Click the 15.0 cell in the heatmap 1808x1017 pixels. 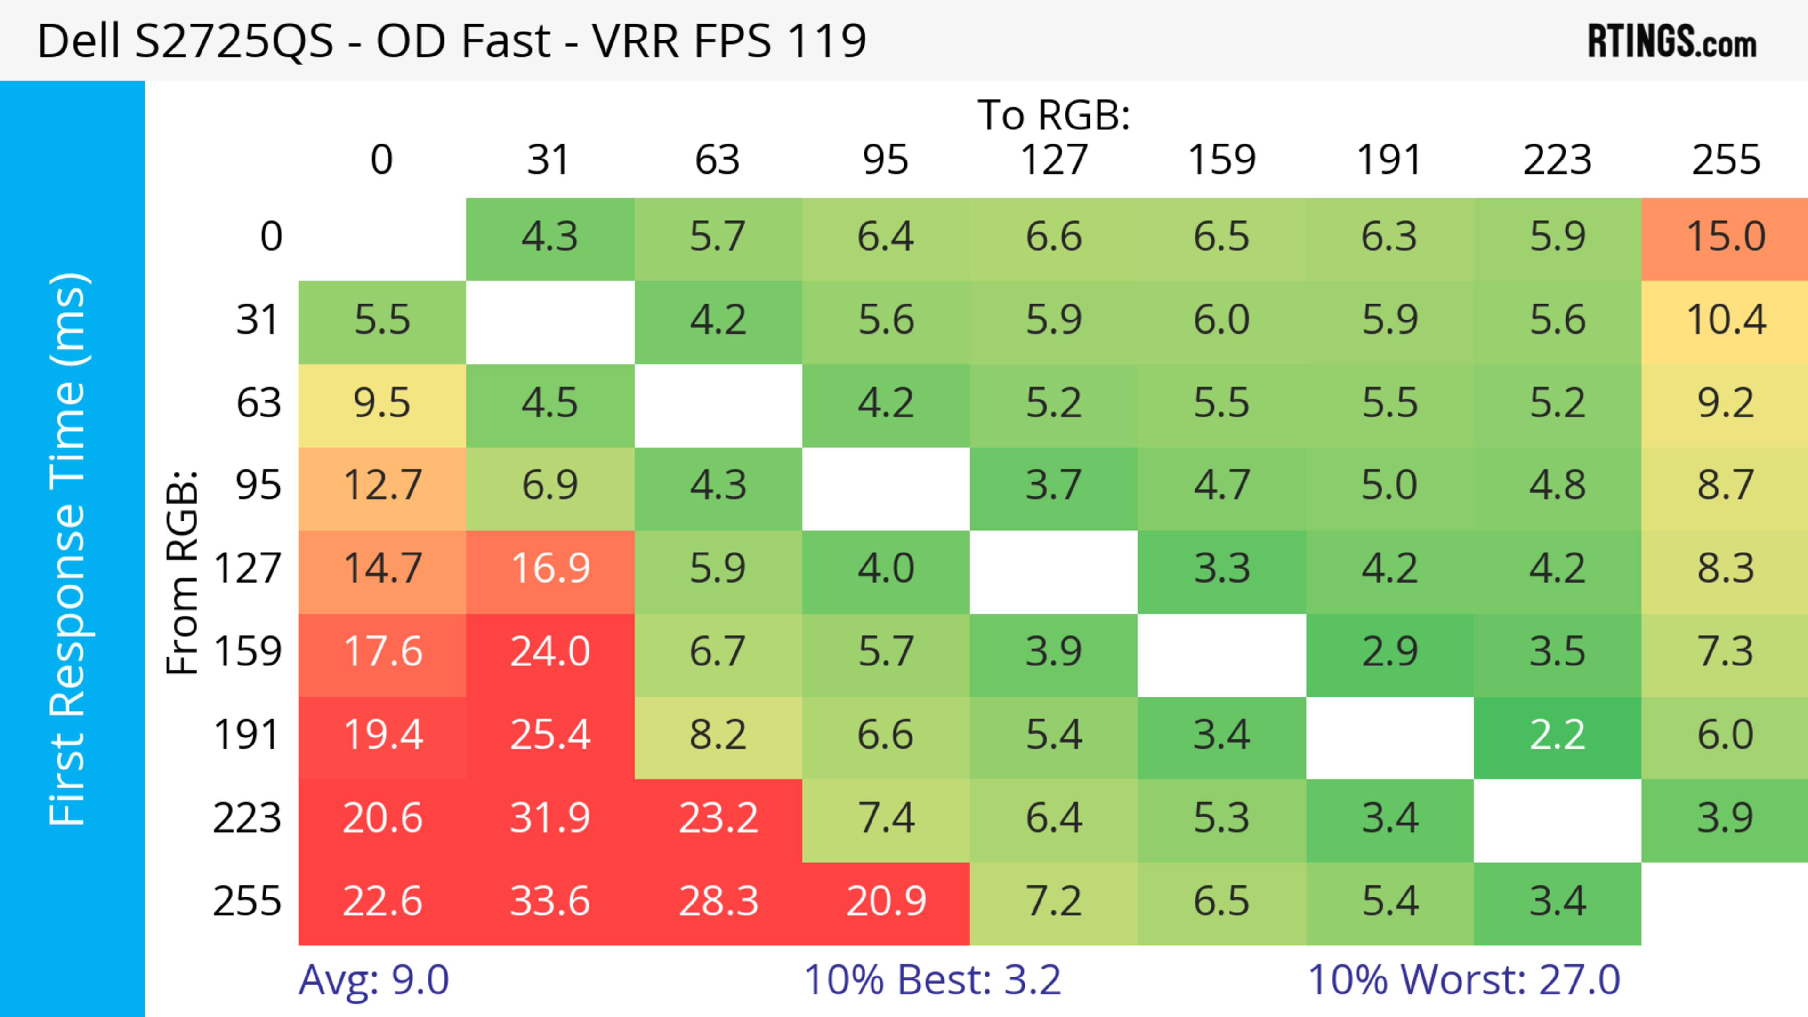1725,236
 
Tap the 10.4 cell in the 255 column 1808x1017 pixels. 1725,320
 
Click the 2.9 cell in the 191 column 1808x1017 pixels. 1389,652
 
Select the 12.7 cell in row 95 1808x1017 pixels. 382,485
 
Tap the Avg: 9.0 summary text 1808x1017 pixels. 373,980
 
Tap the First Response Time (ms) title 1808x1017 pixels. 68,548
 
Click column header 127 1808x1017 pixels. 1054,160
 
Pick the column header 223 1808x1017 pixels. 1557,160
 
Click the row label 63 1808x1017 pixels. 258,403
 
